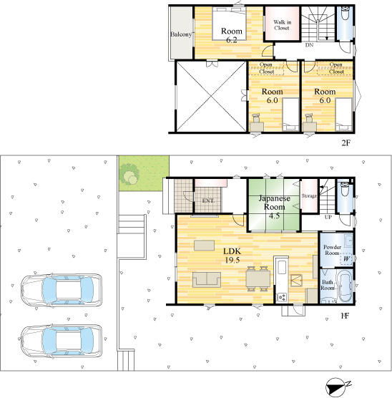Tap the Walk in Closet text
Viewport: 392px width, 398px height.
[281, 25]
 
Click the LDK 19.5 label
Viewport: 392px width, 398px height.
[232, 256]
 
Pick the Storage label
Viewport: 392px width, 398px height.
[309, 195]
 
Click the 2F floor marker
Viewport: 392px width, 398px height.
[346, 142]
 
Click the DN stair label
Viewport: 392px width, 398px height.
[309, 45]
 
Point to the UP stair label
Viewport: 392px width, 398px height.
[328, 216]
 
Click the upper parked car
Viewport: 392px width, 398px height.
[58, 289]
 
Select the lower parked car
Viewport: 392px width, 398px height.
[58, 340]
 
